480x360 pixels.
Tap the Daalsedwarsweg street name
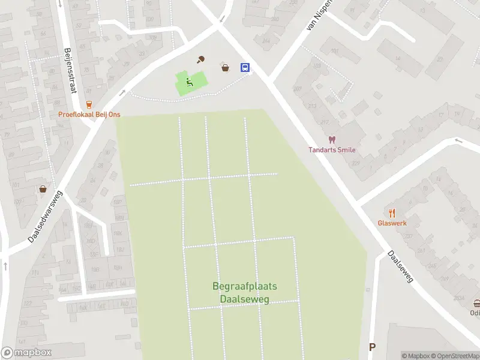point(46,217)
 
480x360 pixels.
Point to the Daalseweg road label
point(400,268)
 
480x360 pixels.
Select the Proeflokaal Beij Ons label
point(89,115)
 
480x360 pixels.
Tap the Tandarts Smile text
point(332,150)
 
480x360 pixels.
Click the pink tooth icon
point(332,140)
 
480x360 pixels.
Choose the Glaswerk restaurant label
point(392,223)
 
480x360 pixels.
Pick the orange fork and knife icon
point(392,213)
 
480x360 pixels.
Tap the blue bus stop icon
point(245,67)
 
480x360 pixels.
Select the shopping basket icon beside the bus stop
point(225,68)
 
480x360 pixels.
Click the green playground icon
point(189,83)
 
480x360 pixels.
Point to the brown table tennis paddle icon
point(202,59)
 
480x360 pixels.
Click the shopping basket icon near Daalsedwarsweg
point(43,189)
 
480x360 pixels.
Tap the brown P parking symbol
point(372,347)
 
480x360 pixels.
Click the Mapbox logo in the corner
point(26,353)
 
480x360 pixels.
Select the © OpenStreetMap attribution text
point(453,356)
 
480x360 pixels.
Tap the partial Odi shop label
point(475,313)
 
